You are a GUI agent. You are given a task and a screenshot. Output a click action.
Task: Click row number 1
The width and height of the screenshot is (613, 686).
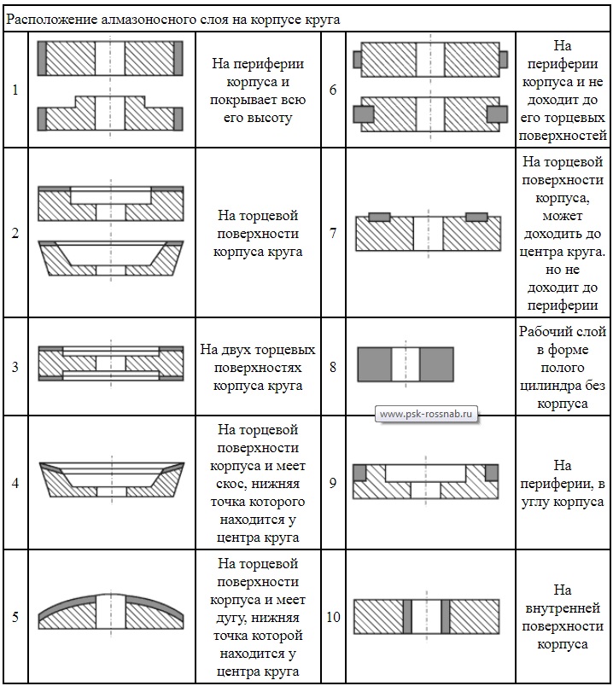15,89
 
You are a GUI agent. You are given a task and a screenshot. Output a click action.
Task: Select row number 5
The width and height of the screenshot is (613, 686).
15,616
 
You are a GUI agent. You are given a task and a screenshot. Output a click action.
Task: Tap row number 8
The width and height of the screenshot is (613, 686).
333,368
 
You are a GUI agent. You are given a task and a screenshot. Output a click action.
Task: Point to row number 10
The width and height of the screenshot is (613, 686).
333,616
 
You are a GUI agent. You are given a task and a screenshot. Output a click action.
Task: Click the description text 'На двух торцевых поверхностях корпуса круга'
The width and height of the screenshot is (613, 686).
258,368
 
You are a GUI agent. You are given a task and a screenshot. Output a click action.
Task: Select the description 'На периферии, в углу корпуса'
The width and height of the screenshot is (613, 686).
562,484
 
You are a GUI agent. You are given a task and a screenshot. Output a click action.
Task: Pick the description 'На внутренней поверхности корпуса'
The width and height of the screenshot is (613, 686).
562,616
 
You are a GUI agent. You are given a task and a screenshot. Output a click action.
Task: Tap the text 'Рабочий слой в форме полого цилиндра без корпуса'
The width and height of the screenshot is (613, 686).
562,368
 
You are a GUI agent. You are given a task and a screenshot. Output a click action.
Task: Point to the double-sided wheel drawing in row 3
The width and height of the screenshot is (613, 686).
111,363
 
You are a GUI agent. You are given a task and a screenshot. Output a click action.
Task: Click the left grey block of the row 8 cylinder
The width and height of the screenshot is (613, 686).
374,363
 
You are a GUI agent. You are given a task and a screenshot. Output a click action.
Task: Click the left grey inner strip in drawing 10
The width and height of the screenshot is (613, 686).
407,615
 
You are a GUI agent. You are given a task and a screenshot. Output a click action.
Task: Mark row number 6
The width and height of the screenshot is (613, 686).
333,89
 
